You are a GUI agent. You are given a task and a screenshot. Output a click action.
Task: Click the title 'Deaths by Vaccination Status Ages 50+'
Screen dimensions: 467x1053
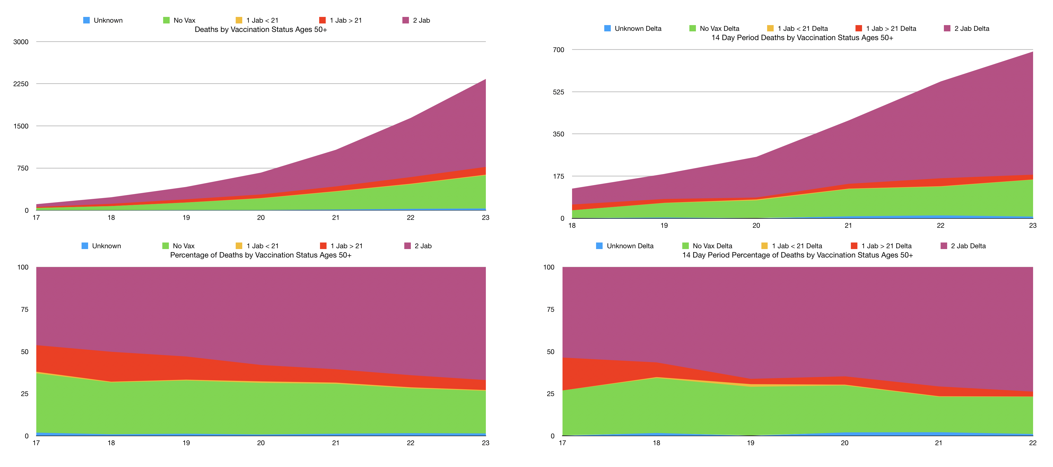point(261,29)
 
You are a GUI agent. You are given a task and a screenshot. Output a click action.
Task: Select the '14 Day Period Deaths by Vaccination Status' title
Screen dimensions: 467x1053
point(802,38)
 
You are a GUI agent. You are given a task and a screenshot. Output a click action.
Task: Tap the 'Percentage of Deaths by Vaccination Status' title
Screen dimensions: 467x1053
point(261,255)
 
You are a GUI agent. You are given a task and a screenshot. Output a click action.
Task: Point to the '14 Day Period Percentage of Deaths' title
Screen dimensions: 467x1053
point(797,255)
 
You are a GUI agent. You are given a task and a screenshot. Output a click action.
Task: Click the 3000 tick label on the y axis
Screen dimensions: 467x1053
point(21,42)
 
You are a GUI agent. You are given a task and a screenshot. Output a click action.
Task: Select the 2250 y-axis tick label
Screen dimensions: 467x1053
point(21,84)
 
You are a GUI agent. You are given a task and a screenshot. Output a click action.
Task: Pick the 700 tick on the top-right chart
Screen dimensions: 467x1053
point(558,50)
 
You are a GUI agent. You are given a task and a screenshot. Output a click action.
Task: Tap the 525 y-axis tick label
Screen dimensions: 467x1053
point(558,92)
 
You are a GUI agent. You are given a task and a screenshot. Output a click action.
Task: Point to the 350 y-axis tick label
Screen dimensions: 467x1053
point(558,134)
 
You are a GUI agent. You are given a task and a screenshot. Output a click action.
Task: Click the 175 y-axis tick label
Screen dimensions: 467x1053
point(558,176)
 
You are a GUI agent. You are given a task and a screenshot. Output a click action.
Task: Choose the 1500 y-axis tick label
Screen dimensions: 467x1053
point(21,126)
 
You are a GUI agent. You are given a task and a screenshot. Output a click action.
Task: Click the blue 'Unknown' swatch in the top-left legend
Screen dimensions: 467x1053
point(86,20)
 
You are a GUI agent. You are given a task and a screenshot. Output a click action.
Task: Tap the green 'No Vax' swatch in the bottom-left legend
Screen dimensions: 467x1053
point(166,246)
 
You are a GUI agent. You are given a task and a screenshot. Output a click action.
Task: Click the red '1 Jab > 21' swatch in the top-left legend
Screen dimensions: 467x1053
point(322,20)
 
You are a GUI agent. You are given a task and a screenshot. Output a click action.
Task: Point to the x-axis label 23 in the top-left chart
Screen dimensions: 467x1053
point(486,217)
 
